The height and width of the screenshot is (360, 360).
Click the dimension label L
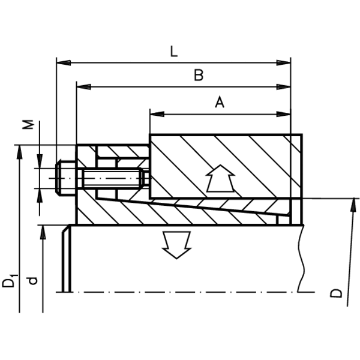coord(174,52)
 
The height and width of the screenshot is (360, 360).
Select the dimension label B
coord(199,76)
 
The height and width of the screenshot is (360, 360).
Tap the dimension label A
coord(220,102)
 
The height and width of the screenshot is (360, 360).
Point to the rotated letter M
coord(29,125)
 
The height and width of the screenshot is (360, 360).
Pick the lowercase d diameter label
coord(33,281)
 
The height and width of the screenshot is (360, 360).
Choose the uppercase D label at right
coord(336,293)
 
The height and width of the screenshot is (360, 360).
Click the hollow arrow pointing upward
coord(220,178)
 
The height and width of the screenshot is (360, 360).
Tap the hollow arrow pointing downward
coord(176,245)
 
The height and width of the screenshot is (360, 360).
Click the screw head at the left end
coord(65,178)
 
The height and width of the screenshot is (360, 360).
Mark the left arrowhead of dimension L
coord(64,62)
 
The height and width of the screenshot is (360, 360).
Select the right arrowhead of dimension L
coord(284,62)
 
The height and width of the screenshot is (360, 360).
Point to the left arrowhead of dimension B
coord(83,87)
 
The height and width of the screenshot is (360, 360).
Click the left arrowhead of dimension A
coord(157,114)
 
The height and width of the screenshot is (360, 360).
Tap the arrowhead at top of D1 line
coord(19,152)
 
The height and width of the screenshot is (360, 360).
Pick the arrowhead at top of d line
coord(43,232)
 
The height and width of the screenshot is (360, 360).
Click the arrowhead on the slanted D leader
coord(352,205)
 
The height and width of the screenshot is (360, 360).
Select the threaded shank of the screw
coord(113,178)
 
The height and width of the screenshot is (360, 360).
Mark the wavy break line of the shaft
coord(301,259)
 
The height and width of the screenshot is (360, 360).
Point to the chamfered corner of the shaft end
coord(66,229)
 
